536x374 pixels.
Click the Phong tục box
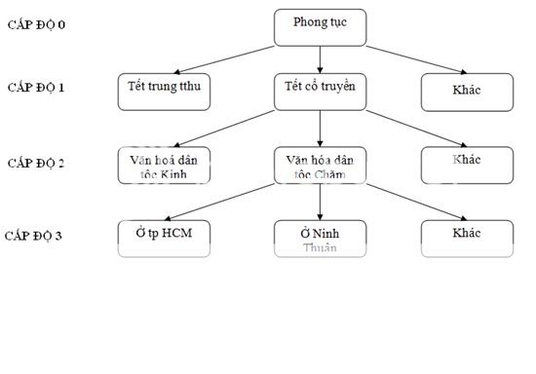[x=320, y=26]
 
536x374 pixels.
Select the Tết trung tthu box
[x=164, y=91]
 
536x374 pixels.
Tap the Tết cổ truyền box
[x=320, y=91]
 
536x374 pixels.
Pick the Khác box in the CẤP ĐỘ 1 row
[x=466, y=92]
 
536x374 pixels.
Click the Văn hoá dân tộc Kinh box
[x=164, y=165]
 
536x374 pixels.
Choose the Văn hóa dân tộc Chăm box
[x=320, y=165]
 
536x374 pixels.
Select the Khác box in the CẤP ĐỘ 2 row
[x=466, y=165]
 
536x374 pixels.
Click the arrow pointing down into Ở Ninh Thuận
[x=320, y=202]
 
